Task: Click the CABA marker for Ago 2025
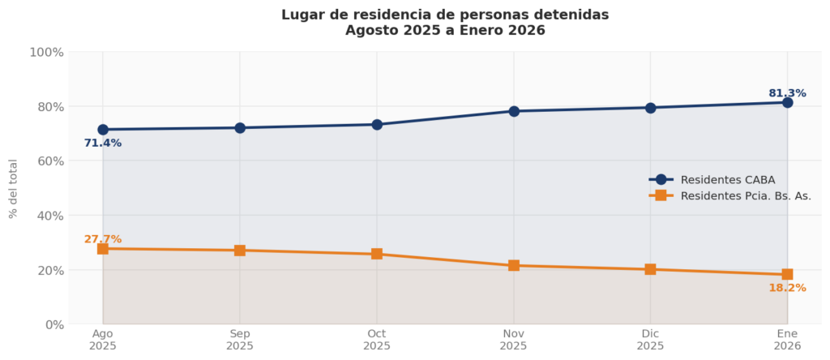pos(103,130)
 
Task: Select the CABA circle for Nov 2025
pos(514,111)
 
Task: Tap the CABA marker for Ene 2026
pos(787,102)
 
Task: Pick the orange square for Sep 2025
pos(240,251)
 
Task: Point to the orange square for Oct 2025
pos(377,254)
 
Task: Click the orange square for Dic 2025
pos(650,269)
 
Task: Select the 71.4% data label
pos(103,144)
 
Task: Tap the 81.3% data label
pos(787,93)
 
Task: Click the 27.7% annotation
pos(103,239)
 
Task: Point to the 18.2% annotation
pos(787,288)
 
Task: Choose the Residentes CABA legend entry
pos(727,180)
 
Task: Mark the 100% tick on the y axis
pos(46,53)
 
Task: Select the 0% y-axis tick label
pos(53,325)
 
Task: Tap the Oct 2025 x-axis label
pos(377,340)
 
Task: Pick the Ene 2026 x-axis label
pos(787,340)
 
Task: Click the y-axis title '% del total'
pos(13,189)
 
